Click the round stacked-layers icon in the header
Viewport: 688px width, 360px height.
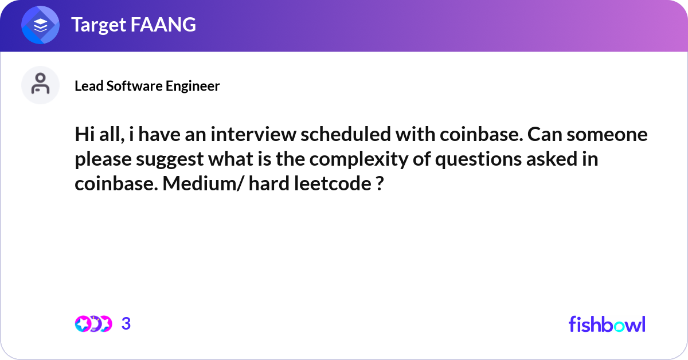point(40,25)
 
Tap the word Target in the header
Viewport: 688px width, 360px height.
point(99,25)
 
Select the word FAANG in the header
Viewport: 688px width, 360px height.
point(163,24)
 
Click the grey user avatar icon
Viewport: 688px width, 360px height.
point(40,85)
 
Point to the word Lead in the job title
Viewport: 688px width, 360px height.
point(89,85)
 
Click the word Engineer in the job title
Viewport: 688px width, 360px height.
point(193,87)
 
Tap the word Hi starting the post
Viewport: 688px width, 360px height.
point(85,134)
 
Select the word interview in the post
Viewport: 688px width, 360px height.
point(253,134)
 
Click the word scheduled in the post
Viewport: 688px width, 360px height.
point(346,134)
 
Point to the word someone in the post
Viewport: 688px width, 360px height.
point(607,135)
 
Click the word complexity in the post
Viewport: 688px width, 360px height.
point(358,160)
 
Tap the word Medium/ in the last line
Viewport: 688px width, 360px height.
point(203,183)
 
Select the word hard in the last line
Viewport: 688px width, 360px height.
point(269,183)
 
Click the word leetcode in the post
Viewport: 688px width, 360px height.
point(333,183)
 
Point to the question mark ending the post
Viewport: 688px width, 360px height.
point(380,183)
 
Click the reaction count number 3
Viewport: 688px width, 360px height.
point(126,323)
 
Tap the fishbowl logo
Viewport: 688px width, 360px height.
point(607,324)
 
